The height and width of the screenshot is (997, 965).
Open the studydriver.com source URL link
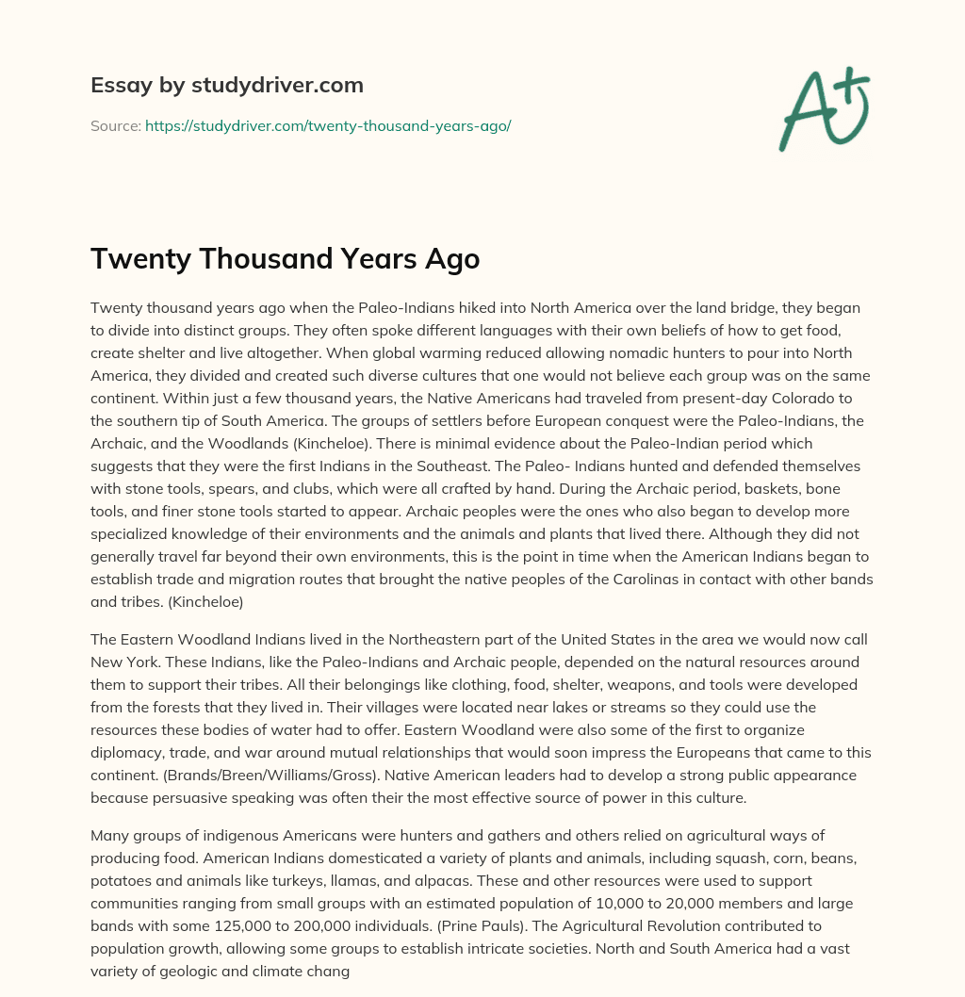328,125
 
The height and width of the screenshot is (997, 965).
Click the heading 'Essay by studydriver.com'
227,85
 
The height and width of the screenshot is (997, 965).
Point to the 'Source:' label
115,125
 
